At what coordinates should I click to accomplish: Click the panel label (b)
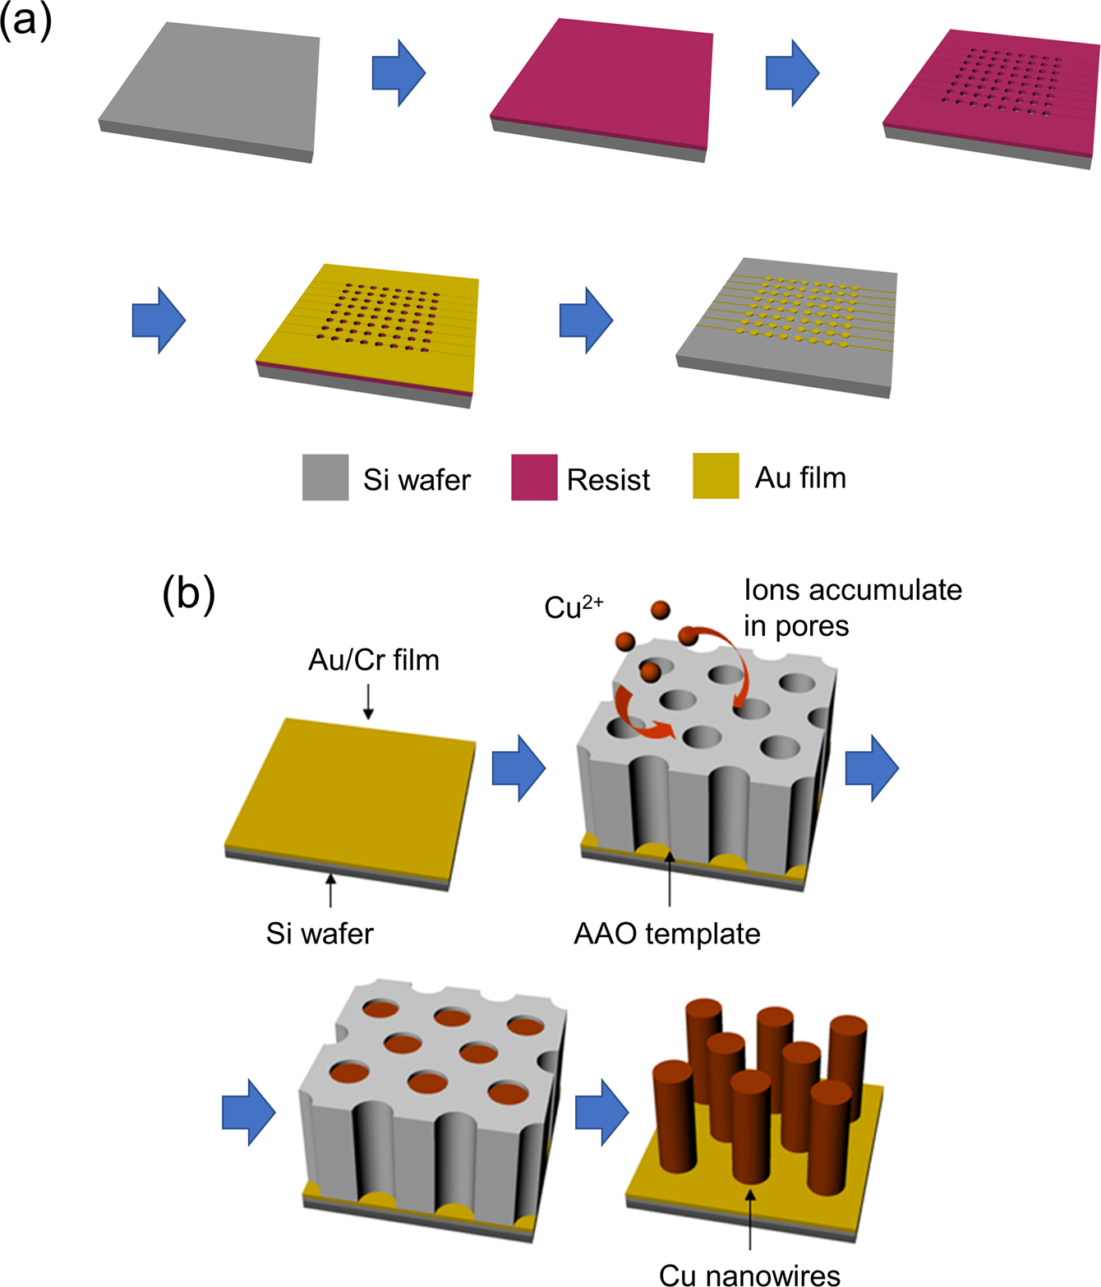pyautogui.click(x=188, y=593)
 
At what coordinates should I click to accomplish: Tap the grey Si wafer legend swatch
pyautogui.click(x=325, y=477)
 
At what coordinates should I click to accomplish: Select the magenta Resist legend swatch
pyautogui.click(x=534, y=477)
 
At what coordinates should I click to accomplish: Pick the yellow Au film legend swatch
pyautogui.click(x=716, y=476)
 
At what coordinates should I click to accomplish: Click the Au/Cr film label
pyautogui.click(x=373, y=660)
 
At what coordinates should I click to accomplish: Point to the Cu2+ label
pyautogui.click(x=574, y=607)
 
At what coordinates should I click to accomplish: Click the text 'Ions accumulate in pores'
pyautogui.click(x=852, y=607)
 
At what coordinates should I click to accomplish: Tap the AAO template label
pyautogui.click(x=666, y=934)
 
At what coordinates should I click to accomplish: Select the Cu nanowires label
pyautogui.click(x=749, y=1275)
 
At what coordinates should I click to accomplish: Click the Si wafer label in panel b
pyautogui.click(x=320, y=934)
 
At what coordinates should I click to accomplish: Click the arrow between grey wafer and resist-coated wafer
pyautogui.click(x=398, y=72)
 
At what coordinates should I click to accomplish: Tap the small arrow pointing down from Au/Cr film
pyautogui.click(x=368, y=703)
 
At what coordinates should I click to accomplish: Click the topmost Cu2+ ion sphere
pyautogui.click(x=660, y=610)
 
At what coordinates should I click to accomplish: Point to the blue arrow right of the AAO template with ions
pyautogui.click(x=872, y=768)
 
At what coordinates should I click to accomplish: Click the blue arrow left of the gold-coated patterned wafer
pyautogui.click(x=159, y=321)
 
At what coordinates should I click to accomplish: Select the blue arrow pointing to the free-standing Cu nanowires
pyautogui.click(x=601, y=1113)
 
